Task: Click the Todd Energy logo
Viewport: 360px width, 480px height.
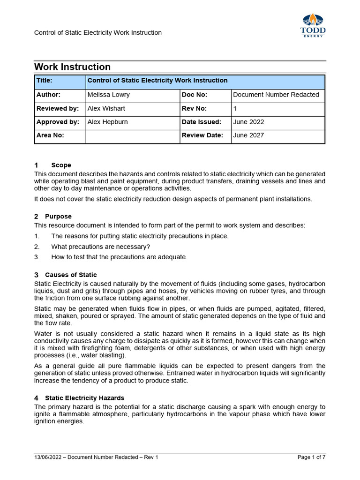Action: tap(313, 25)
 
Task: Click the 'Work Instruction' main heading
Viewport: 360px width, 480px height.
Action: tap(73, 67)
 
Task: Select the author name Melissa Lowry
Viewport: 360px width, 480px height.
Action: tap(108, 95)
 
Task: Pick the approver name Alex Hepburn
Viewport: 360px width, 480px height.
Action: tap(108, 122)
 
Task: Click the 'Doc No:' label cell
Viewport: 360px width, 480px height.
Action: tap(195, 95)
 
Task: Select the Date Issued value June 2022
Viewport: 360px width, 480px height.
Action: tap(248, 122)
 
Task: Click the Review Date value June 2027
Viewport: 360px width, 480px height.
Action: tap(248, 135)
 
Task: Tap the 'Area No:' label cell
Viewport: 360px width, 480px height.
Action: tap(50, 135)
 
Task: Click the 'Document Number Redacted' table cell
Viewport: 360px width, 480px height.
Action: tap(276, 95)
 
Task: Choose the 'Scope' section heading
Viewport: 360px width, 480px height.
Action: tap(61, 165)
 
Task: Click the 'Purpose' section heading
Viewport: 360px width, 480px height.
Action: tap(58, 217)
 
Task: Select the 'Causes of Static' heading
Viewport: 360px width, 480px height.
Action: tap(71, 275)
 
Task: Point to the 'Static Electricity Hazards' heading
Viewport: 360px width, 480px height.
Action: tap(84, 398)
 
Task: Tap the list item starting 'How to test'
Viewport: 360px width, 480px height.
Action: tap(119, 257)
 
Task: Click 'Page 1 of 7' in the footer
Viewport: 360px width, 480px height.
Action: tap(311, 457)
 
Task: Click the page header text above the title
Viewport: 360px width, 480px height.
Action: tap(98, 33)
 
